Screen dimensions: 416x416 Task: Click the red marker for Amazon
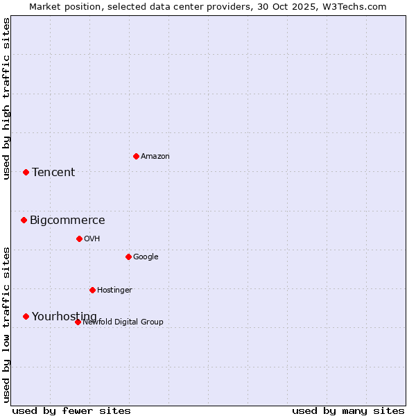(136, 156)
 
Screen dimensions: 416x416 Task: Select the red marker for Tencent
(26, 172)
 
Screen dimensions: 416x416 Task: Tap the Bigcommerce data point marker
(24, 220)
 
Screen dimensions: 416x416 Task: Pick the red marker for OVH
(79, 239)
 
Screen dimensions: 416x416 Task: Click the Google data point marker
(128, 257)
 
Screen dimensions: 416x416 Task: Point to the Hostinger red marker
(92, 290)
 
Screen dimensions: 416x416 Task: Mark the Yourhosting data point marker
(26, 316)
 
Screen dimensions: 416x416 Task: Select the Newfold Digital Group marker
(78, 322)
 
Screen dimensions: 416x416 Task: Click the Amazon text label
(155, 156)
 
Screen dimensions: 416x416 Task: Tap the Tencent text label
(53, 172)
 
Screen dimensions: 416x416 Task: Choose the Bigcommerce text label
(67, 220)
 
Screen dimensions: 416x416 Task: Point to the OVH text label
(92, 239)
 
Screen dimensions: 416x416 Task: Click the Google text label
(146, 257)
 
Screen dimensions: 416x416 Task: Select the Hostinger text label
(114, 290)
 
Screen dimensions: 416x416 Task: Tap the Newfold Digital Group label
(123, 322)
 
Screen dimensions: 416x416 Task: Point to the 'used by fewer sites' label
(71, 410)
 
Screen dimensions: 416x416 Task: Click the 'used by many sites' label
(348, 410)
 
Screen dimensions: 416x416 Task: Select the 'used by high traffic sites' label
(6, 98)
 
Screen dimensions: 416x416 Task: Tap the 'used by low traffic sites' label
(6, 324)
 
